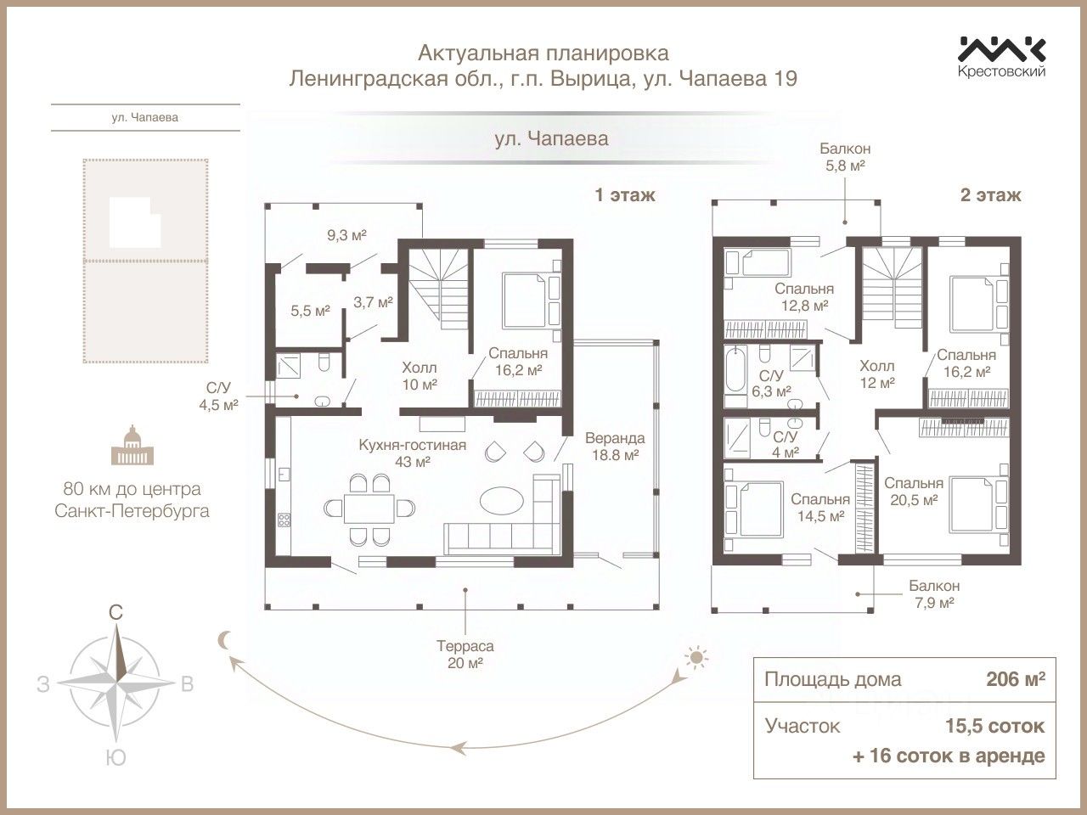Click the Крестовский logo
tap(1001, 56)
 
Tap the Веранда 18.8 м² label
tap(614, 447)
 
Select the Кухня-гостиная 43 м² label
tap(412, 452)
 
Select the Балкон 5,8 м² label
tap(845, 157)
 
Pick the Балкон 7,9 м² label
tap(933, 593)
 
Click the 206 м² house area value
tap(1015, 679)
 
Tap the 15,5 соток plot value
tap(994, 726)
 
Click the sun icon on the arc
tap(696, 656)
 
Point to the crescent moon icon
tap(224, 640)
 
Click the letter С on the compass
tap(117, 611)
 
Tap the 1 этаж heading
tap(625, 195)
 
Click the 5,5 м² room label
tap(310, 311)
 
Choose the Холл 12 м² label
tap(877, 374)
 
